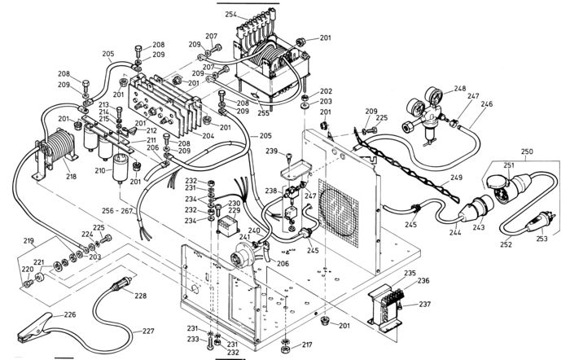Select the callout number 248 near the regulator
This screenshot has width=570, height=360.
(460, 88)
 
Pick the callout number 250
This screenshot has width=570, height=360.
(527, 152)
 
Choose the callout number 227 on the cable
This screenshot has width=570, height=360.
(147, 331)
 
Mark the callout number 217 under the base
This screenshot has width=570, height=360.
(307, 345)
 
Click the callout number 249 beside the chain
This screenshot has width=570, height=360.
(457, 178)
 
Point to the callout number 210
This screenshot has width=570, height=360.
(100, 171)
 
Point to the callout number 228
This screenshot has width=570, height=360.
(140, 296)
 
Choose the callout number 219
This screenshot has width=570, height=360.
(28, 242)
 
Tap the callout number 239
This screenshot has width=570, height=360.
(272, 151)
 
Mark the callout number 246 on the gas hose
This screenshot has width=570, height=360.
(486, 104)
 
